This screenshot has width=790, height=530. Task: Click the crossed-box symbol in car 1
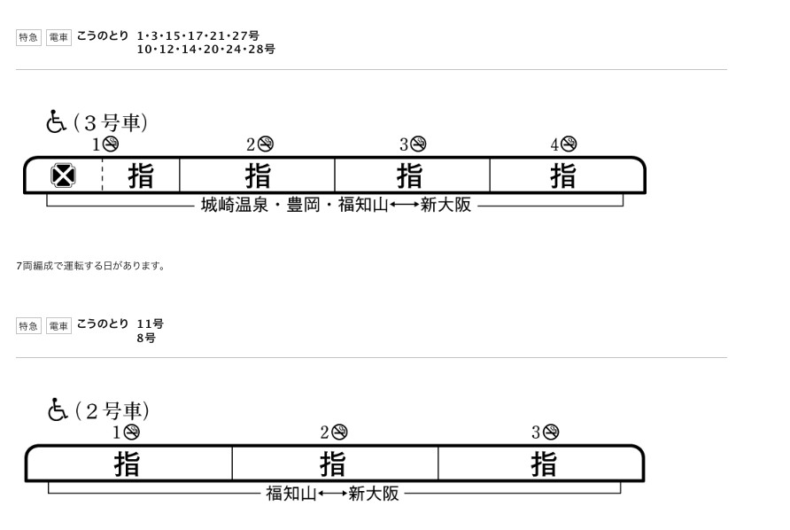point(63,176)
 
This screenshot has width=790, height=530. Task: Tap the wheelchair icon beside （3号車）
point(56,121)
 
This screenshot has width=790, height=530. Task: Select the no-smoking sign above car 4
point(569,144)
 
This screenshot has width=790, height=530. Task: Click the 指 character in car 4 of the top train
point(562,175)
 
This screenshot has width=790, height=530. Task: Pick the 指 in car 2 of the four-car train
point(258,175)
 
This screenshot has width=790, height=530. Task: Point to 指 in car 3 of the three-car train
point(544,464)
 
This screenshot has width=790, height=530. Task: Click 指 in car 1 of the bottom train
point(127,464)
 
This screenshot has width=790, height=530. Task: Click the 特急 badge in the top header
point(28,37)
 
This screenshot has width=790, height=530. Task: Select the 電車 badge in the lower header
point(58,326)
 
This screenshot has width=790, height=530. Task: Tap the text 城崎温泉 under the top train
point(235,205)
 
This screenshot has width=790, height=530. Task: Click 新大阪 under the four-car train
point(445,205)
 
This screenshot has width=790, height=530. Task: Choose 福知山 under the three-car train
point(291,493)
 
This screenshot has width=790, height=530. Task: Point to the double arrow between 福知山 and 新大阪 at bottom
point(332,493)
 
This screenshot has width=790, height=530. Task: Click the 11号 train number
point(151,323)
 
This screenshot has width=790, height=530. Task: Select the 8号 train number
point(146,338)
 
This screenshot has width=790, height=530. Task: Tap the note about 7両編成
point(90,266)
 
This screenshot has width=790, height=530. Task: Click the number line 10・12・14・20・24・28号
point(206,50)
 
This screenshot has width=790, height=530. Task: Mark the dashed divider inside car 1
point(102,175)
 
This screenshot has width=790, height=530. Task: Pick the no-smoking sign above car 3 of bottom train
point(551,433)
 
